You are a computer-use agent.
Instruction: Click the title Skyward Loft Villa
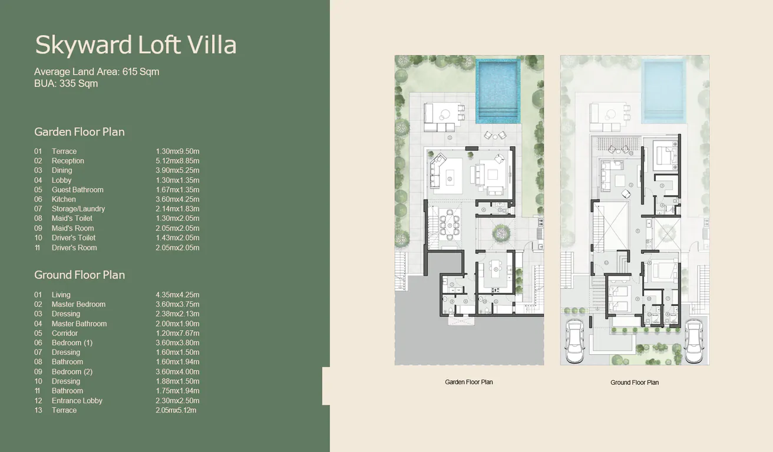coord(136,45)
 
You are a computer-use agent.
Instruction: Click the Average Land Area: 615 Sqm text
coord(97,72)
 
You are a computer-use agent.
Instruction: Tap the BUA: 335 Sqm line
coord(66,84)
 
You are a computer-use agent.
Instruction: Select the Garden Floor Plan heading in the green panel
coord(80,132)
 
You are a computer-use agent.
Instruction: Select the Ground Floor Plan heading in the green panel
coord(80,275)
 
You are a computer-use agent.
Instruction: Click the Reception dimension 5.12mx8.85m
coord(177,161)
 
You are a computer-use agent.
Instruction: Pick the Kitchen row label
coord(64,199)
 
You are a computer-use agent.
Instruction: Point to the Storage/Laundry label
coord(78,209)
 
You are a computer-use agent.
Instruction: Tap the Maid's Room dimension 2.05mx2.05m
coord(177,228)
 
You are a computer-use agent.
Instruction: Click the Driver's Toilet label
coord(74,237)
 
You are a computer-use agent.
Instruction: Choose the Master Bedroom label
coord(78,304)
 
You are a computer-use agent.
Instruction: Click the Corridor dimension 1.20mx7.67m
coord(177,333)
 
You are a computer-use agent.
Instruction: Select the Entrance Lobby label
coord(77,401)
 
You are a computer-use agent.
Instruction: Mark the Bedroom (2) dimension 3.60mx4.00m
coord(177,372)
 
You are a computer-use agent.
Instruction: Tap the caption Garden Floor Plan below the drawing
coord(469,382)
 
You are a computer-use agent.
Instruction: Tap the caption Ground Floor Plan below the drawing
coord(635,382)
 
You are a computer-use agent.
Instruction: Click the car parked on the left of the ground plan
coord(575,342)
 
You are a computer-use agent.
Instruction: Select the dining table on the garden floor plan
coord(450,225)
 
